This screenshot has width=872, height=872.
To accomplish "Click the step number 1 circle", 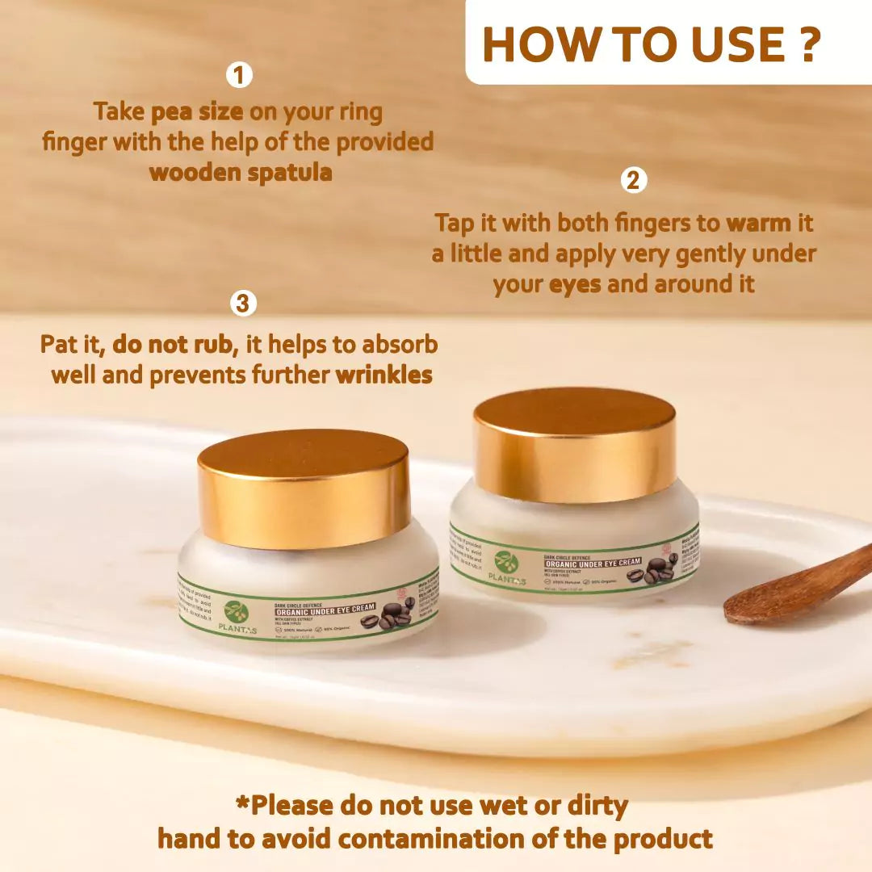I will click(238, 76).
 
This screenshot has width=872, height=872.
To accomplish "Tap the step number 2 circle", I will click(634, 180).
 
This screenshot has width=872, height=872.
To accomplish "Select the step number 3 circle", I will click(243, 304).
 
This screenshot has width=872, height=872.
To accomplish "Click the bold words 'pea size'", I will click(196, 111).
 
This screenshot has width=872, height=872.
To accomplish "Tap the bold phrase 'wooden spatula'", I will click(241, 172).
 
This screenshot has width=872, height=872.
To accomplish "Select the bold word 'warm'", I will click(769, 222).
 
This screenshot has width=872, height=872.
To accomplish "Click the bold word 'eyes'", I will click(575, 284).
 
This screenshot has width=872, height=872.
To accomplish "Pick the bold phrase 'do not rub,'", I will click(175, 345).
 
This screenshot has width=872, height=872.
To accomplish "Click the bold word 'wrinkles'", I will click(384, 375).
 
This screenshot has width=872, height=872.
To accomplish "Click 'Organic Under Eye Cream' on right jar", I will click(592, 562).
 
